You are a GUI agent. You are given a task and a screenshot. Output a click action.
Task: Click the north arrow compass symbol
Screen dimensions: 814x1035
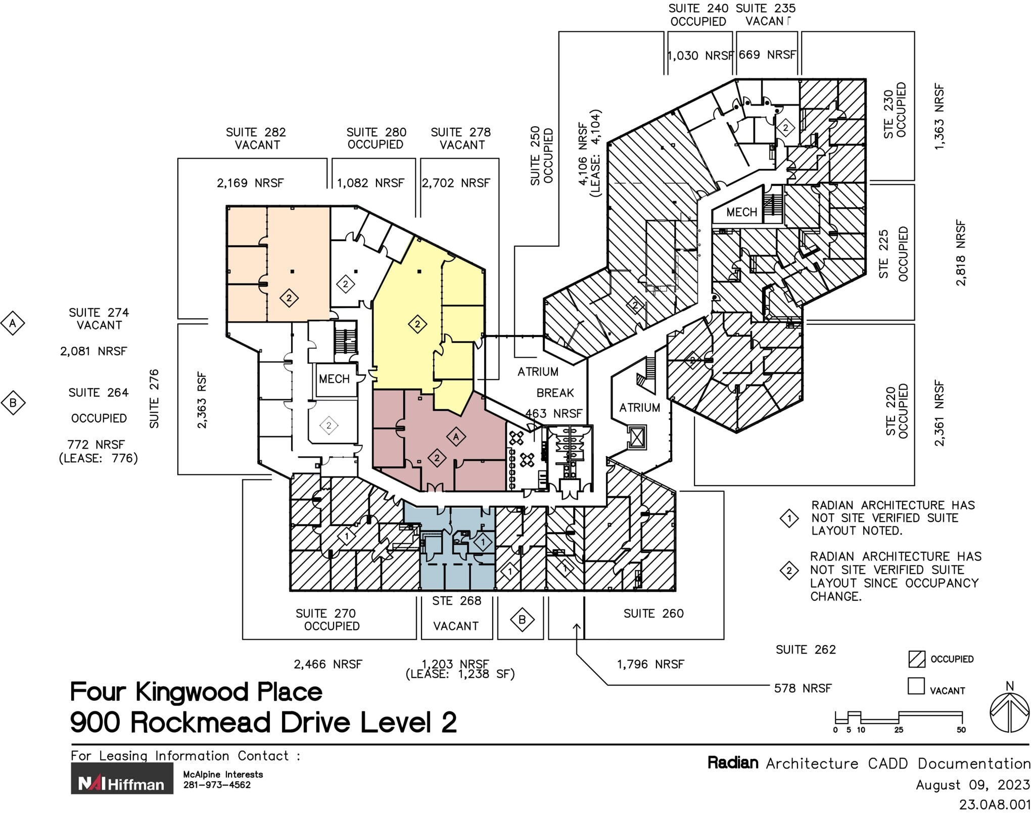tap(1009, 712)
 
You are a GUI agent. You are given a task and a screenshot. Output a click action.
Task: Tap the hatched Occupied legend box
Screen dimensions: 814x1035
tap(916, 659)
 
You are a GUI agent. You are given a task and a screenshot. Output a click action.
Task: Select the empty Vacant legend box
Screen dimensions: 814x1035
tap(916, 686)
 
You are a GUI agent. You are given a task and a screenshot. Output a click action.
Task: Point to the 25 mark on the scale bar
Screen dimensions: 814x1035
tap(899, 729)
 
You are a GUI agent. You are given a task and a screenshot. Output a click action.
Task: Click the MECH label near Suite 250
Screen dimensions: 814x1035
tap(741, 212)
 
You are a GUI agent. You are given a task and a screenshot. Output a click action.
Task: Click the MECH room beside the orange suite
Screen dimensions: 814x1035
tap(334, 379)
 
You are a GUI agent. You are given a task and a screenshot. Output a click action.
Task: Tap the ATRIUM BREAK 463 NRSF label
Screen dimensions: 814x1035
tap(554, 393)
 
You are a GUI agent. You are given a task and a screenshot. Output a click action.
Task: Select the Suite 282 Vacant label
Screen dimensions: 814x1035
tap(256, 138)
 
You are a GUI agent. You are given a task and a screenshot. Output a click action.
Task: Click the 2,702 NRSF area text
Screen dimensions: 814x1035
tap(456, 183)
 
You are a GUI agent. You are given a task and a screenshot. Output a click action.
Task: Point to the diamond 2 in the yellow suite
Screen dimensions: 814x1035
tap(417, 324)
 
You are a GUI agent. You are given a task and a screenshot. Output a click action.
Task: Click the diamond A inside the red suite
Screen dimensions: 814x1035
tap(456, 437)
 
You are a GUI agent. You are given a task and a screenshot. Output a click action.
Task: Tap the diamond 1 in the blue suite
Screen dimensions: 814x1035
tap(483, 542)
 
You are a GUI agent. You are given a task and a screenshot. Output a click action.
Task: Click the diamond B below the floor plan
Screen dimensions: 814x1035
tap(522, 619)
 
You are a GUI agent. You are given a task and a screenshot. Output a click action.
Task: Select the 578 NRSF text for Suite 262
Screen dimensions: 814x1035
tap(803, 688)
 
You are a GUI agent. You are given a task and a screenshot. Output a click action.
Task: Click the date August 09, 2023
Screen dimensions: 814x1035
tap(973, 785)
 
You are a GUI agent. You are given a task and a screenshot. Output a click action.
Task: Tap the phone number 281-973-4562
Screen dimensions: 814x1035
tap(217, 785)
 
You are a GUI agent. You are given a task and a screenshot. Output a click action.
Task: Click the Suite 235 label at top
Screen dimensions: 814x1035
tap(766, 9)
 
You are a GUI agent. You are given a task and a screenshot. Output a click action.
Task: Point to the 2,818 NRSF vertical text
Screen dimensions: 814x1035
tap(961, 253)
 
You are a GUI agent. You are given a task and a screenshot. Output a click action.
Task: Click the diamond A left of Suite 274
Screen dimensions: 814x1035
tap(13, 323)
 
